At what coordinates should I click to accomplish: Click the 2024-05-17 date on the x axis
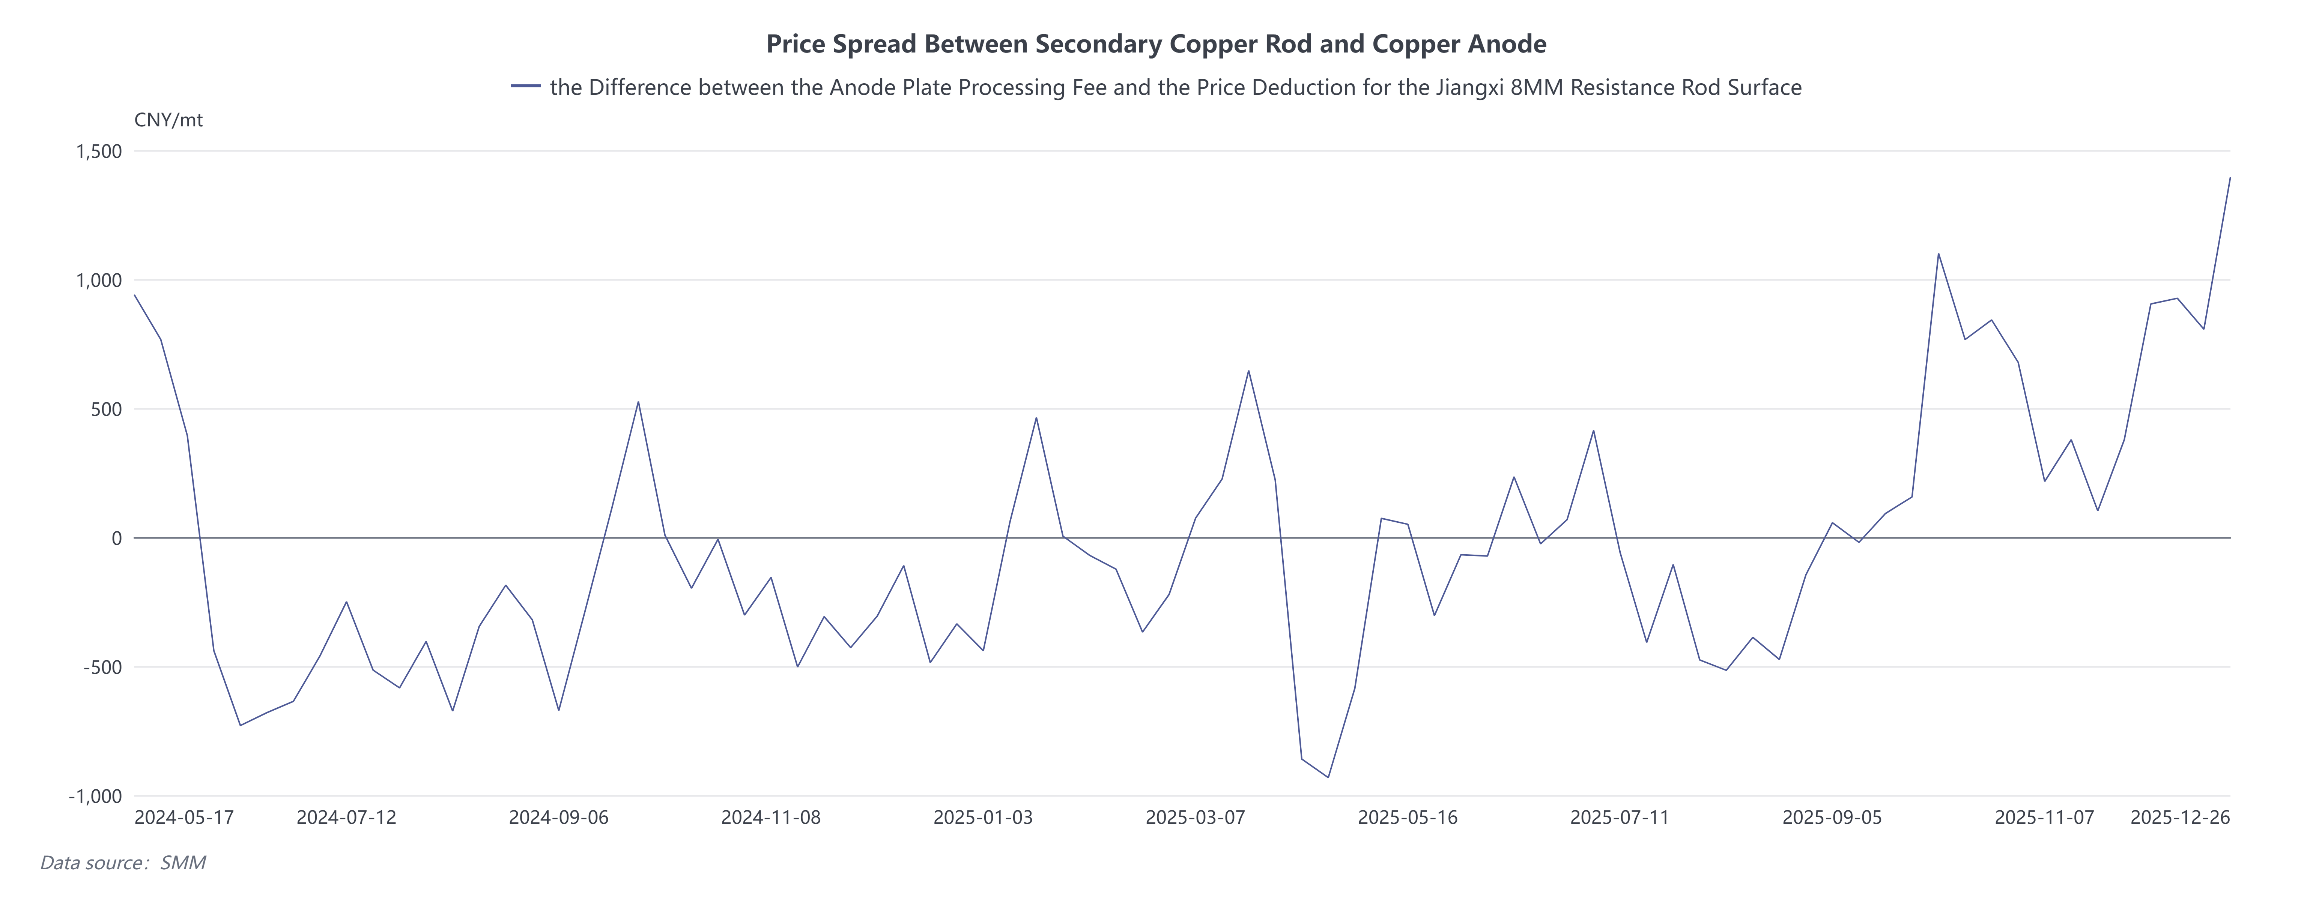(184, 817)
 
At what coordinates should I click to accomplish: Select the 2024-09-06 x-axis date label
(558, 817)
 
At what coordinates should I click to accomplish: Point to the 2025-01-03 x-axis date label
(983, 817)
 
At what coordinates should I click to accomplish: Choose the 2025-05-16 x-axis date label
(1407, 817)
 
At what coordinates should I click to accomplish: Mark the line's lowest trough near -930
(1328, 777)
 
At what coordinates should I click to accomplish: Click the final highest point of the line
(2229, 178)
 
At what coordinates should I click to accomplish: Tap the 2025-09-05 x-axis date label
(1832, 817)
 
